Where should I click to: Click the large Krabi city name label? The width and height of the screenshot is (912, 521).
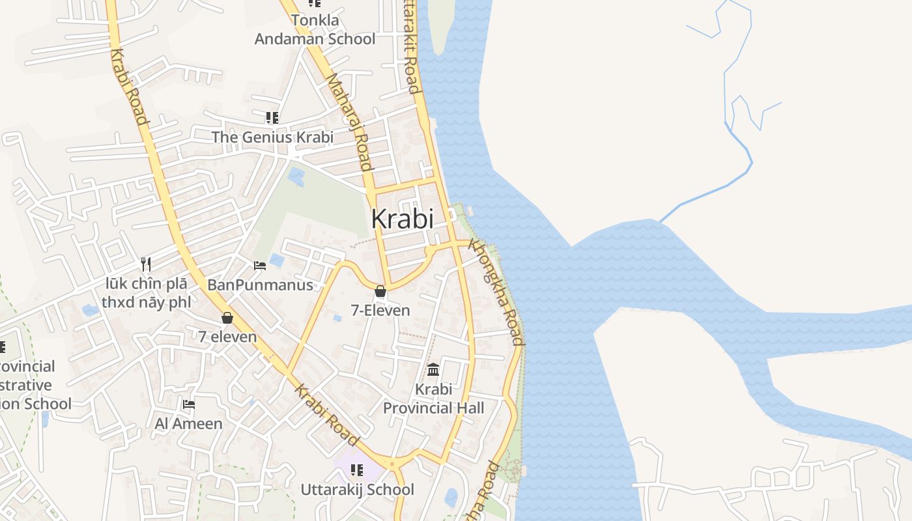(x=402, y=219)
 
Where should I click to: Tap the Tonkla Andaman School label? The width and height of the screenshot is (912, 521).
(x=315, y=30)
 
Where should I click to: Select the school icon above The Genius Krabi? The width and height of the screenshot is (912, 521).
(x=272, y=118)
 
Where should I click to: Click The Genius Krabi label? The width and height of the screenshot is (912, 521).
(x=272, y=137)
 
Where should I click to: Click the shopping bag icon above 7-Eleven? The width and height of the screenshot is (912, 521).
(x=380, y=291)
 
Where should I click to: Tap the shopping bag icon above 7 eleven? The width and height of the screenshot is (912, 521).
(x=227, y=318)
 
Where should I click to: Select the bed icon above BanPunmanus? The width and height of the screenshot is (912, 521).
(x=259, y=266)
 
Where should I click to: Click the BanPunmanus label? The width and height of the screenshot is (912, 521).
(x=260, y=285)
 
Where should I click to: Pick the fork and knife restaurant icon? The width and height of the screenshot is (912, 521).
(x=146, y=264)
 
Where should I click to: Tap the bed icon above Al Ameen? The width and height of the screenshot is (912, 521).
(x=189, y=404)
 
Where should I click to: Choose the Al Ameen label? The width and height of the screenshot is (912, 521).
(x=188, y=424)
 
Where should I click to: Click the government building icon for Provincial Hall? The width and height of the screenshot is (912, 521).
(x=433, y=370)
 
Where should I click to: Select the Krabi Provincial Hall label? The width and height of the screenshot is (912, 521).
(x=433, y=399)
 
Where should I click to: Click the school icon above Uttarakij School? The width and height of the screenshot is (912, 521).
(x=357, y=470)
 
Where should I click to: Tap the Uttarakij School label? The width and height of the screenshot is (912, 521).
(x=357, y=489)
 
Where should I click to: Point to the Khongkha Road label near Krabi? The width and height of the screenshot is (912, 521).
(x=496, y=293)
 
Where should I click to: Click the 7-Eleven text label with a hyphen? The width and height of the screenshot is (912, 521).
(x=380, y=311)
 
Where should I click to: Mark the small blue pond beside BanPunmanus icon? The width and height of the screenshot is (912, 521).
(x=276, y=260)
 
